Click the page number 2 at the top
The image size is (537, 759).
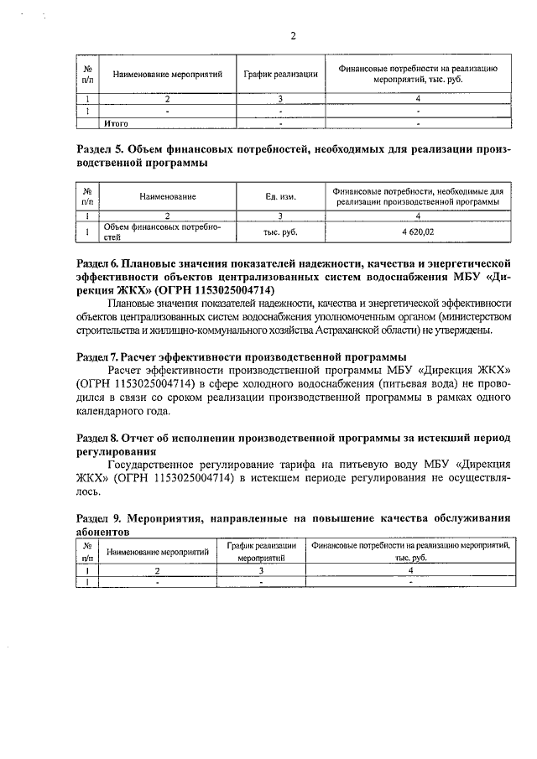293,35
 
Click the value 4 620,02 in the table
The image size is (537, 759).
417,230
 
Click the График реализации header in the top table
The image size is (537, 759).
280,74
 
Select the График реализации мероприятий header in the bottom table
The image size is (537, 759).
262,551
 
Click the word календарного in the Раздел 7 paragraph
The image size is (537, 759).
112,411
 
